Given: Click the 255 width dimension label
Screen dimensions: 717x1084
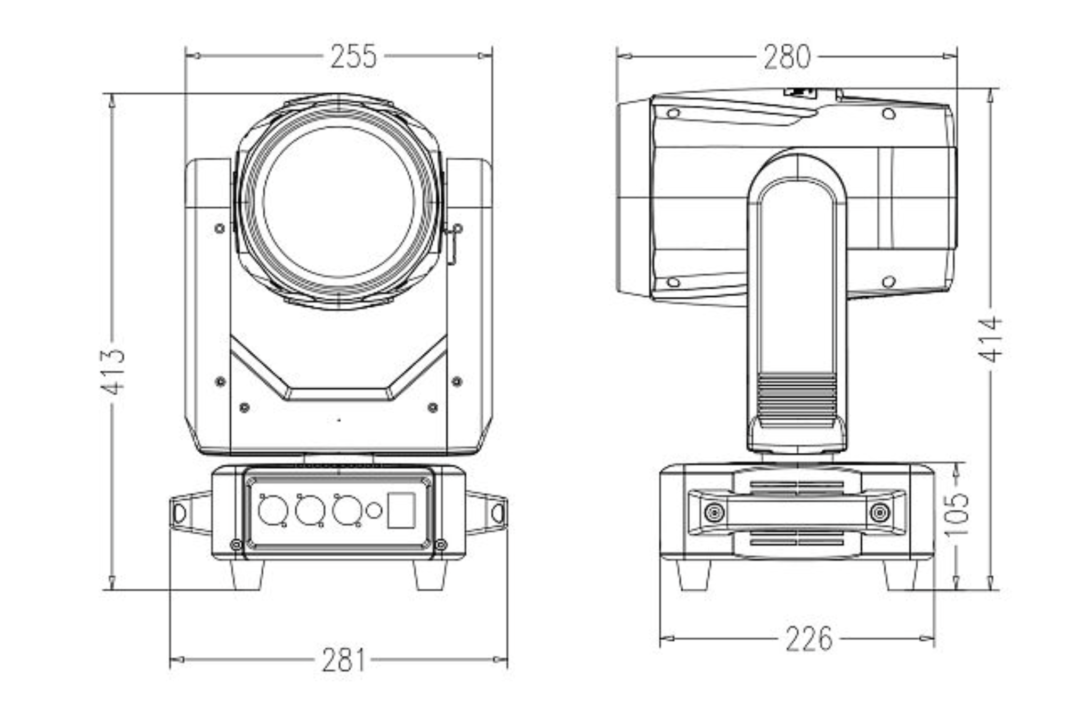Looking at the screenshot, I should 353,56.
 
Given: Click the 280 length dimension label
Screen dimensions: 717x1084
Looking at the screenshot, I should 787,57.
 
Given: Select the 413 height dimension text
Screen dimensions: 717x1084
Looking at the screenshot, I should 113,371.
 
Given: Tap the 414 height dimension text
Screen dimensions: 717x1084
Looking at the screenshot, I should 991,339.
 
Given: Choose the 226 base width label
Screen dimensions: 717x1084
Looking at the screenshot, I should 808,639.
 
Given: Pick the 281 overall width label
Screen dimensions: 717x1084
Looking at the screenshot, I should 344,660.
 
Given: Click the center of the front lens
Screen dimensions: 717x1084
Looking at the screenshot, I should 338,202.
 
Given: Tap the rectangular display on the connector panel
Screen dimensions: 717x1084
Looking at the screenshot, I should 401,510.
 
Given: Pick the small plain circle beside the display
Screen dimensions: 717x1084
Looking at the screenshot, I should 374,510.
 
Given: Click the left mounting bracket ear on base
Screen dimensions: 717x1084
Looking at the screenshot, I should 184,512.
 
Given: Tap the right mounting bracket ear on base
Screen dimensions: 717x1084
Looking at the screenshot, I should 492,512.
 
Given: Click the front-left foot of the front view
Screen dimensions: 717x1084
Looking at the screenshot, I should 247,575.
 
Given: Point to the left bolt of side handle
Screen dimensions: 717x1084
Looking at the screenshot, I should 714,513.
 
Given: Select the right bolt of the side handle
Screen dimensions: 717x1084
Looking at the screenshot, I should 879,513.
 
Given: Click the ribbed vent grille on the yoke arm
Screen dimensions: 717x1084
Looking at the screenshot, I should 797,400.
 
